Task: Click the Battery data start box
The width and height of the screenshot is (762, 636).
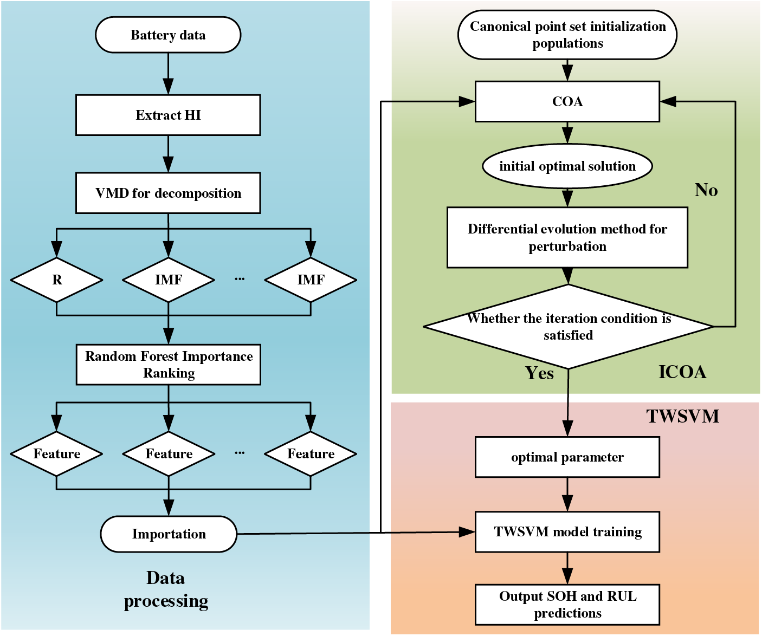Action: tap(168, 35)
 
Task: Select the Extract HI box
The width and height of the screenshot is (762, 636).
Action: tap(168, 115)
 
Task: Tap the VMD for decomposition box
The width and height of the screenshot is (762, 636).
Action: tap(168, 193)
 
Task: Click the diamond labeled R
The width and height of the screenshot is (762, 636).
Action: tap(57, 280)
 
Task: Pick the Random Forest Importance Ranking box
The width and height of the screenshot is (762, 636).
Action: tap(169, 365)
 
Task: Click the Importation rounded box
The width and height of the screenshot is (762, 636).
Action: tap(169, 534)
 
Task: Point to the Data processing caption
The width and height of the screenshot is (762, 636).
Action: tap(166, 590)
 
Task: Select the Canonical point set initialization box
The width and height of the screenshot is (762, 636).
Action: tap(567, 35)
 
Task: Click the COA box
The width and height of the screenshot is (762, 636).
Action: tap(567, 101)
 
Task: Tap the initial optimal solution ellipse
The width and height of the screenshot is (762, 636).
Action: tap(567, 166)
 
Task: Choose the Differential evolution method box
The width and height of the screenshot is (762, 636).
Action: tap(567, 237)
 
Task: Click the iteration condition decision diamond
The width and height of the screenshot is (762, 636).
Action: tap(568, 327)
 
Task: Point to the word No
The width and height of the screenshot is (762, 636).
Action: tap(706, 190)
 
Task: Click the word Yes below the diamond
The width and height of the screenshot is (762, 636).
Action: tap(539, 373)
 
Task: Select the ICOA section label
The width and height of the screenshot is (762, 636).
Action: tap(682, 372)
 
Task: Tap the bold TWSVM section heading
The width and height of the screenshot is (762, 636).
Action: tap(683, 416)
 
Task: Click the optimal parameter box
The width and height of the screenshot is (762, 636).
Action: tap(567, 457)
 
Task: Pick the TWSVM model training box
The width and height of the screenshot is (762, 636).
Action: tap(567, 532)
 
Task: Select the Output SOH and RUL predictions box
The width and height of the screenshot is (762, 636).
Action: tap(567, 605)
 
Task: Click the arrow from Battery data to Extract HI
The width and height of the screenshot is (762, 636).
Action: tap(168, 74)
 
